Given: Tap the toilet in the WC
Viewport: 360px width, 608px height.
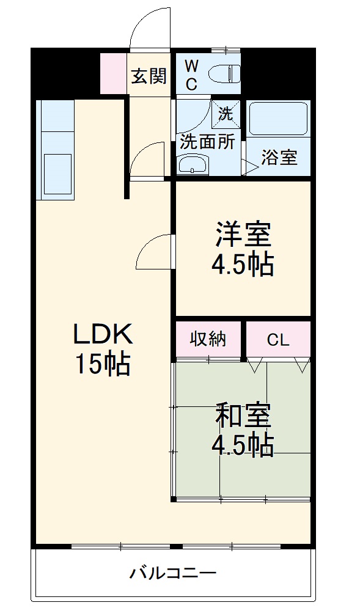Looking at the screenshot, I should point(222,74).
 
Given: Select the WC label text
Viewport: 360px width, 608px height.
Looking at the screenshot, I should point(191,75).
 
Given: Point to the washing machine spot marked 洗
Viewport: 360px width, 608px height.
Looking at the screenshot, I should point(226,113).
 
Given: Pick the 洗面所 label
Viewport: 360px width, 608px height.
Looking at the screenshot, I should point(207,142).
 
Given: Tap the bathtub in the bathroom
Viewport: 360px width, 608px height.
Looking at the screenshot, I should point(278,119).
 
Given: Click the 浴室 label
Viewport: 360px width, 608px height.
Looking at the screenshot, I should point(279,157).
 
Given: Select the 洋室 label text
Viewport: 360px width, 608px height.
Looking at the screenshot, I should point(243,235).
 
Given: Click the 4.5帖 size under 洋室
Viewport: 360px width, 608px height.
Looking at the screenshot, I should point(243,264).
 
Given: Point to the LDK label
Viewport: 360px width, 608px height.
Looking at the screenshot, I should point(103,334).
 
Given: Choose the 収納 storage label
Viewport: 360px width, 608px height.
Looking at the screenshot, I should point(208,339).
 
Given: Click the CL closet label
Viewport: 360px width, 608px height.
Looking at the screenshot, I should point(278,340).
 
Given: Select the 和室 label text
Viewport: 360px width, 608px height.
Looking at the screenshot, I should point(243,417).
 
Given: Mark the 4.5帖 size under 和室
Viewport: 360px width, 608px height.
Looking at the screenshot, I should point(243,447).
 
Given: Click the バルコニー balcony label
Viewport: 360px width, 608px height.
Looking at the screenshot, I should point(173,574).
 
